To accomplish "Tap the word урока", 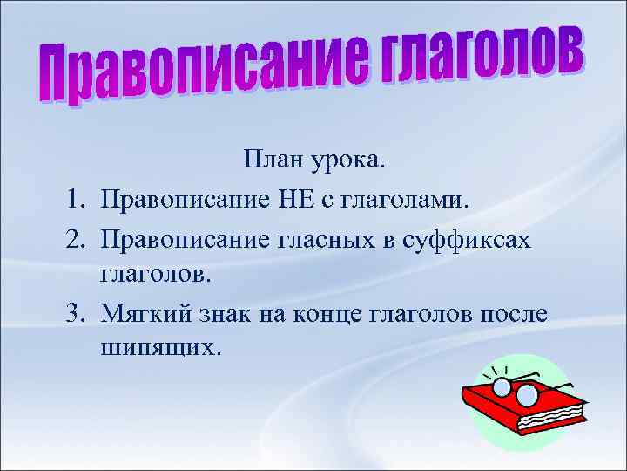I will click(351, 162).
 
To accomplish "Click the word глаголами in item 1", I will click(408, 201).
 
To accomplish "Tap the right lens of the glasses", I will click(527, 395).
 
